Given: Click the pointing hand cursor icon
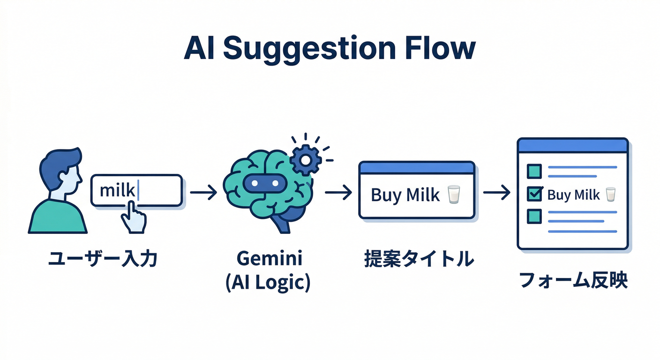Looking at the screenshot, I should pyautogui.click(x=133, y=217).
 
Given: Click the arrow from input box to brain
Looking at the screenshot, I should pyautogui.click(x=203, y=192).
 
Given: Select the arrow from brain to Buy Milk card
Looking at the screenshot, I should pyautogui.click(x=338, y=192).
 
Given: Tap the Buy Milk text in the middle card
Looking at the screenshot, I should pyautogui.click(x=405, y=195).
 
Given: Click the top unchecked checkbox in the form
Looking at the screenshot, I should pyautogui.click(x=534, y=171).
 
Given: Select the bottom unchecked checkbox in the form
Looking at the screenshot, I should pyautogui.click(x=534, y=216).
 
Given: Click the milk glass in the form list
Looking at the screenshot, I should pyautogui.click(x=610, y=194).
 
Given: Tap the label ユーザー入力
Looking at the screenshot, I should pyautogui.click(x=103, y=259).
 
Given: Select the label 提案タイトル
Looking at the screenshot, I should pyautogui.click(x=419, y=259).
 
